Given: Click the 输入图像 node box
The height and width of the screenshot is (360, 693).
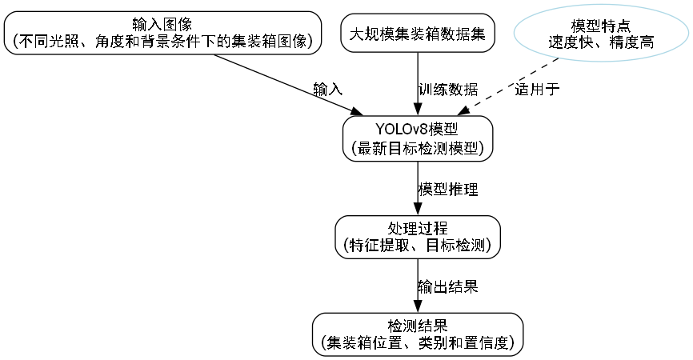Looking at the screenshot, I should coord(162,33).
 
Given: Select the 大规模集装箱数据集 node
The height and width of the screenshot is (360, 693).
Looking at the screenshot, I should coord(417,34).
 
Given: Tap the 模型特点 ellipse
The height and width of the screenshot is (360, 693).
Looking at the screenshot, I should coord(600,34).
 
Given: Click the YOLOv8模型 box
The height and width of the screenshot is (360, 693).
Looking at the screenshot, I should coord(417,138).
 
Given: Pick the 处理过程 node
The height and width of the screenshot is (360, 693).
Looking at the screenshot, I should coord(417,237).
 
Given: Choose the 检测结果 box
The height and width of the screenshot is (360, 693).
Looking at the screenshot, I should coord(417,334).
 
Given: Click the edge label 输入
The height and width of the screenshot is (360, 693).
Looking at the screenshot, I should coord(328,89).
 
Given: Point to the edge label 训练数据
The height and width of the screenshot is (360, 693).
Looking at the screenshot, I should coord(449,89).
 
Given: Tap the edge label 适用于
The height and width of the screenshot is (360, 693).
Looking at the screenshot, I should coord(537,89).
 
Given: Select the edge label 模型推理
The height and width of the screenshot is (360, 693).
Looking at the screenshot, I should coord(448,190).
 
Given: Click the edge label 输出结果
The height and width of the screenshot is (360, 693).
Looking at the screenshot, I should coord(448,287).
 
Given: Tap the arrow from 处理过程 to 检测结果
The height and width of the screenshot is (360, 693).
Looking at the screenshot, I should coord(417,286).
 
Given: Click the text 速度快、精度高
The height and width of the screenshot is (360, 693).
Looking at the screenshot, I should coord(600,42).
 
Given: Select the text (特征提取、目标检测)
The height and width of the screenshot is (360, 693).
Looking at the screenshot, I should coord(417,246).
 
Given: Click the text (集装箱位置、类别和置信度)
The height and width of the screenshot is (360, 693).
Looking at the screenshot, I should coord(417,344).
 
